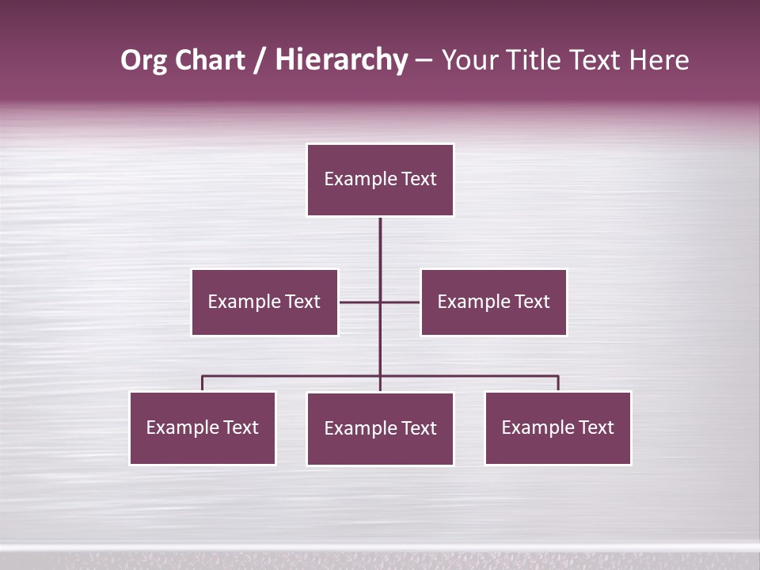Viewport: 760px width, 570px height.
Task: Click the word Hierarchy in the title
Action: tap(340, 60)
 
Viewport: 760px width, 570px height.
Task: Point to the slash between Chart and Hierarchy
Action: tap(260, 60)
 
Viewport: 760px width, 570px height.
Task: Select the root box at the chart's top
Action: tap(380, 180)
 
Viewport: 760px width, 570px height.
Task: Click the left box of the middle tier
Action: tap(264, 302)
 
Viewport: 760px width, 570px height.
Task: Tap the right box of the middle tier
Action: tap(493, 302)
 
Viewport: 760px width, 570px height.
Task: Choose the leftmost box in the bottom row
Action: tap(202, 427)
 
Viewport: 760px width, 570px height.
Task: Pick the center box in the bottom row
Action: tap(380, 428)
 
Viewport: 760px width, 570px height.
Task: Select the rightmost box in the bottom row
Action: tap(557, 427)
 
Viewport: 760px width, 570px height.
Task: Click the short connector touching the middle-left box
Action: tap(359, 302)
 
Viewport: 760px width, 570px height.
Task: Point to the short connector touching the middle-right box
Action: tap(401, 302)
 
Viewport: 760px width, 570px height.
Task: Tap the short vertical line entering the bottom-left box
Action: tap(202, 383)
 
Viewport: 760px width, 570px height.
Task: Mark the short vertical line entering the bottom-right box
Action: tap(558, 383)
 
